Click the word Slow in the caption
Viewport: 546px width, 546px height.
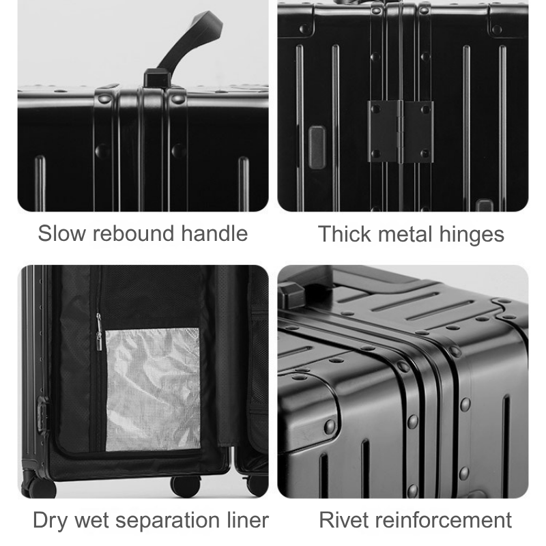point(61,233)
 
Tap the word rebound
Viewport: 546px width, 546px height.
point(133,233)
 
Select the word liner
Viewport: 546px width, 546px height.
point(248,520)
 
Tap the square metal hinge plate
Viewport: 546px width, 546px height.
point(401,132)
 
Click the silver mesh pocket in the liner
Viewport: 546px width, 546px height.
point(153,389)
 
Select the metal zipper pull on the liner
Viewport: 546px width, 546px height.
point(99,332)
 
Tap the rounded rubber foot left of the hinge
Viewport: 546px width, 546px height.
point(317,147)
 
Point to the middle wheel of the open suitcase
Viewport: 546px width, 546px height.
point(186,486)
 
